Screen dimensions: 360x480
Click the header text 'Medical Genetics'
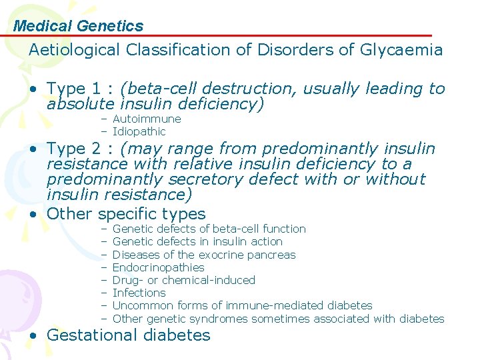(x=78, y=26)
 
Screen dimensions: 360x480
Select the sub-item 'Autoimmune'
(x=147, y=119)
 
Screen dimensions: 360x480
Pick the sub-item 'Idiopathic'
(x=139, y=131)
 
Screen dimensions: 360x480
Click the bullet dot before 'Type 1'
(x=33, y=89)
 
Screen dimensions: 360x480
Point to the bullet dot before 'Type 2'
(x=33, y=149)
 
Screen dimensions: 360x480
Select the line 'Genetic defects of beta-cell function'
(x=209, y=229)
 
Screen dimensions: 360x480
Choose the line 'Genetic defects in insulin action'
(x=197, y=241)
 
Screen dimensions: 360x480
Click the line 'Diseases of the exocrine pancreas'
(x=204, y=255)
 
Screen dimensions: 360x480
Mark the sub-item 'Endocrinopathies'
(x=159, y=267)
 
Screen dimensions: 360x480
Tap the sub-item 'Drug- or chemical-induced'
(x=184, y=280)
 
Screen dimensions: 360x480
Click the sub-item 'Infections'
(x=139, y=293)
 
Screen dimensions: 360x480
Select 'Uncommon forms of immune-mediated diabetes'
(x=242, y=305)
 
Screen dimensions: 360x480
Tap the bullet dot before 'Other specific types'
(x=33, y=215)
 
